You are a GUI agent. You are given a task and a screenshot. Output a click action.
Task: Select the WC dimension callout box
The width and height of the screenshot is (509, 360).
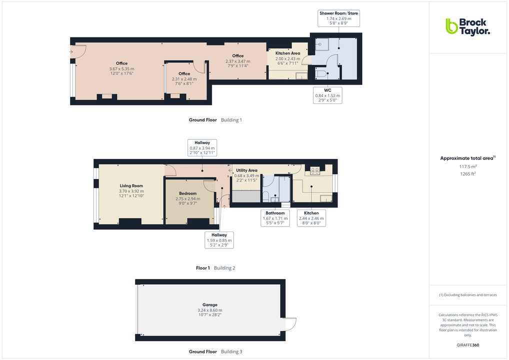[x=327, y=95]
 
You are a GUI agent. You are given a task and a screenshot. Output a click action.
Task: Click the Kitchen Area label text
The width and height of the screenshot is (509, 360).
[x=287, y=53]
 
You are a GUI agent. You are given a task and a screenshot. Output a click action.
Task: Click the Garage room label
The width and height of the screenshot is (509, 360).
[x=209, y=304]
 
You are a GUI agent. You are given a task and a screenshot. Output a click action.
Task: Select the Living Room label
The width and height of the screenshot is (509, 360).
[x=131, y=186]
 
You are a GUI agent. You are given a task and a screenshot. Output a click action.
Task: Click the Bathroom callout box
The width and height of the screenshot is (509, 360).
[x=275, y=218]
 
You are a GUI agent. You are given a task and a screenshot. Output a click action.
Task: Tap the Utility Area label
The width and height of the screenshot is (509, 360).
[x=246, y=170]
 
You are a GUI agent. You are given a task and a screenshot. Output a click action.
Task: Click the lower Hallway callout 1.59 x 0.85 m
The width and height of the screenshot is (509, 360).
[x=219, y=240]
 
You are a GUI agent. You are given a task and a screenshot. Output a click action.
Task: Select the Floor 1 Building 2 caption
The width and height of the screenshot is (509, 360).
[x=215, y=268]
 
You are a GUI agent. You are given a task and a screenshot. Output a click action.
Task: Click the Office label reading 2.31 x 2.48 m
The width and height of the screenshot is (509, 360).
[x=184, y=73]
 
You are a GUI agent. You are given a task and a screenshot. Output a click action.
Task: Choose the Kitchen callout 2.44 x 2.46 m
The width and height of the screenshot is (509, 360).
[x=311, y=218]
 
